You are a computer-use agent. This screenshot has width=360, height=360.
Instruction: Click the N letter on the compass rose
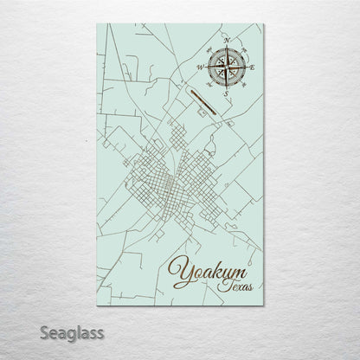226,41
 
